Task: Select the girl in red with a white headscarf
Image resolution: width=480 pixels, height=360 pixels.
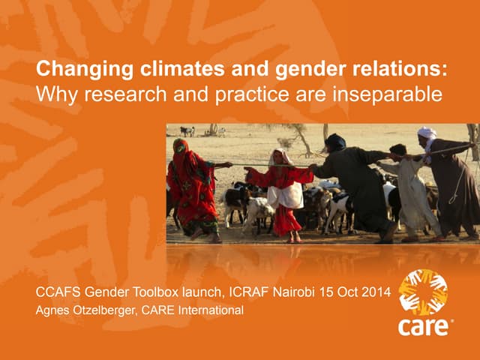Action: click(x=283, y=193)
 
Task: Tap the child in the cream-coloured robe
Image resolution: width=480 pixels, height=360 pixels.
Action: click(x=409, y=191)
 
